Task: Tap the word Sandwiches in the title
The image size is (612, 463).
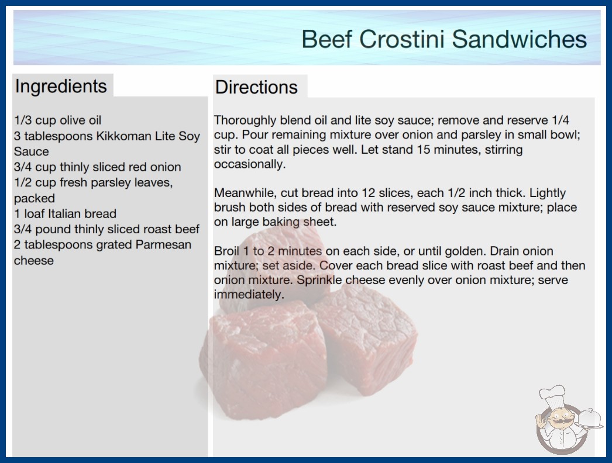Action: tap(520, 39)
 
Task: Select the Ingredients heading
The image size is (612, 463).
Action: tap(61, 87)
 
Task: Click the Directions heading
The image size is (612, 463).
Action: tap(256, 87)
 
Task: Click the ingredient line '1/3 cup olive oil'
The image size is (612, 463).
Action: tap(58, 120)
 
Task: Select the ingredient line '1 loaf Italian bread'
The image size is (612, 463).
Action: tap(65, 214)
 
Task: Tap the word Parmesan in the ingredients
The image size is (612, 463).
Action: tap(163, 244)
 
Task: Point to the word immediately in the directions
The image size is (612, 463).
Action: tap(249, 295)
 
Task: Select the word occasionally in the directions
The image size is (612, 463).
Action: tap(249, 164)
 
